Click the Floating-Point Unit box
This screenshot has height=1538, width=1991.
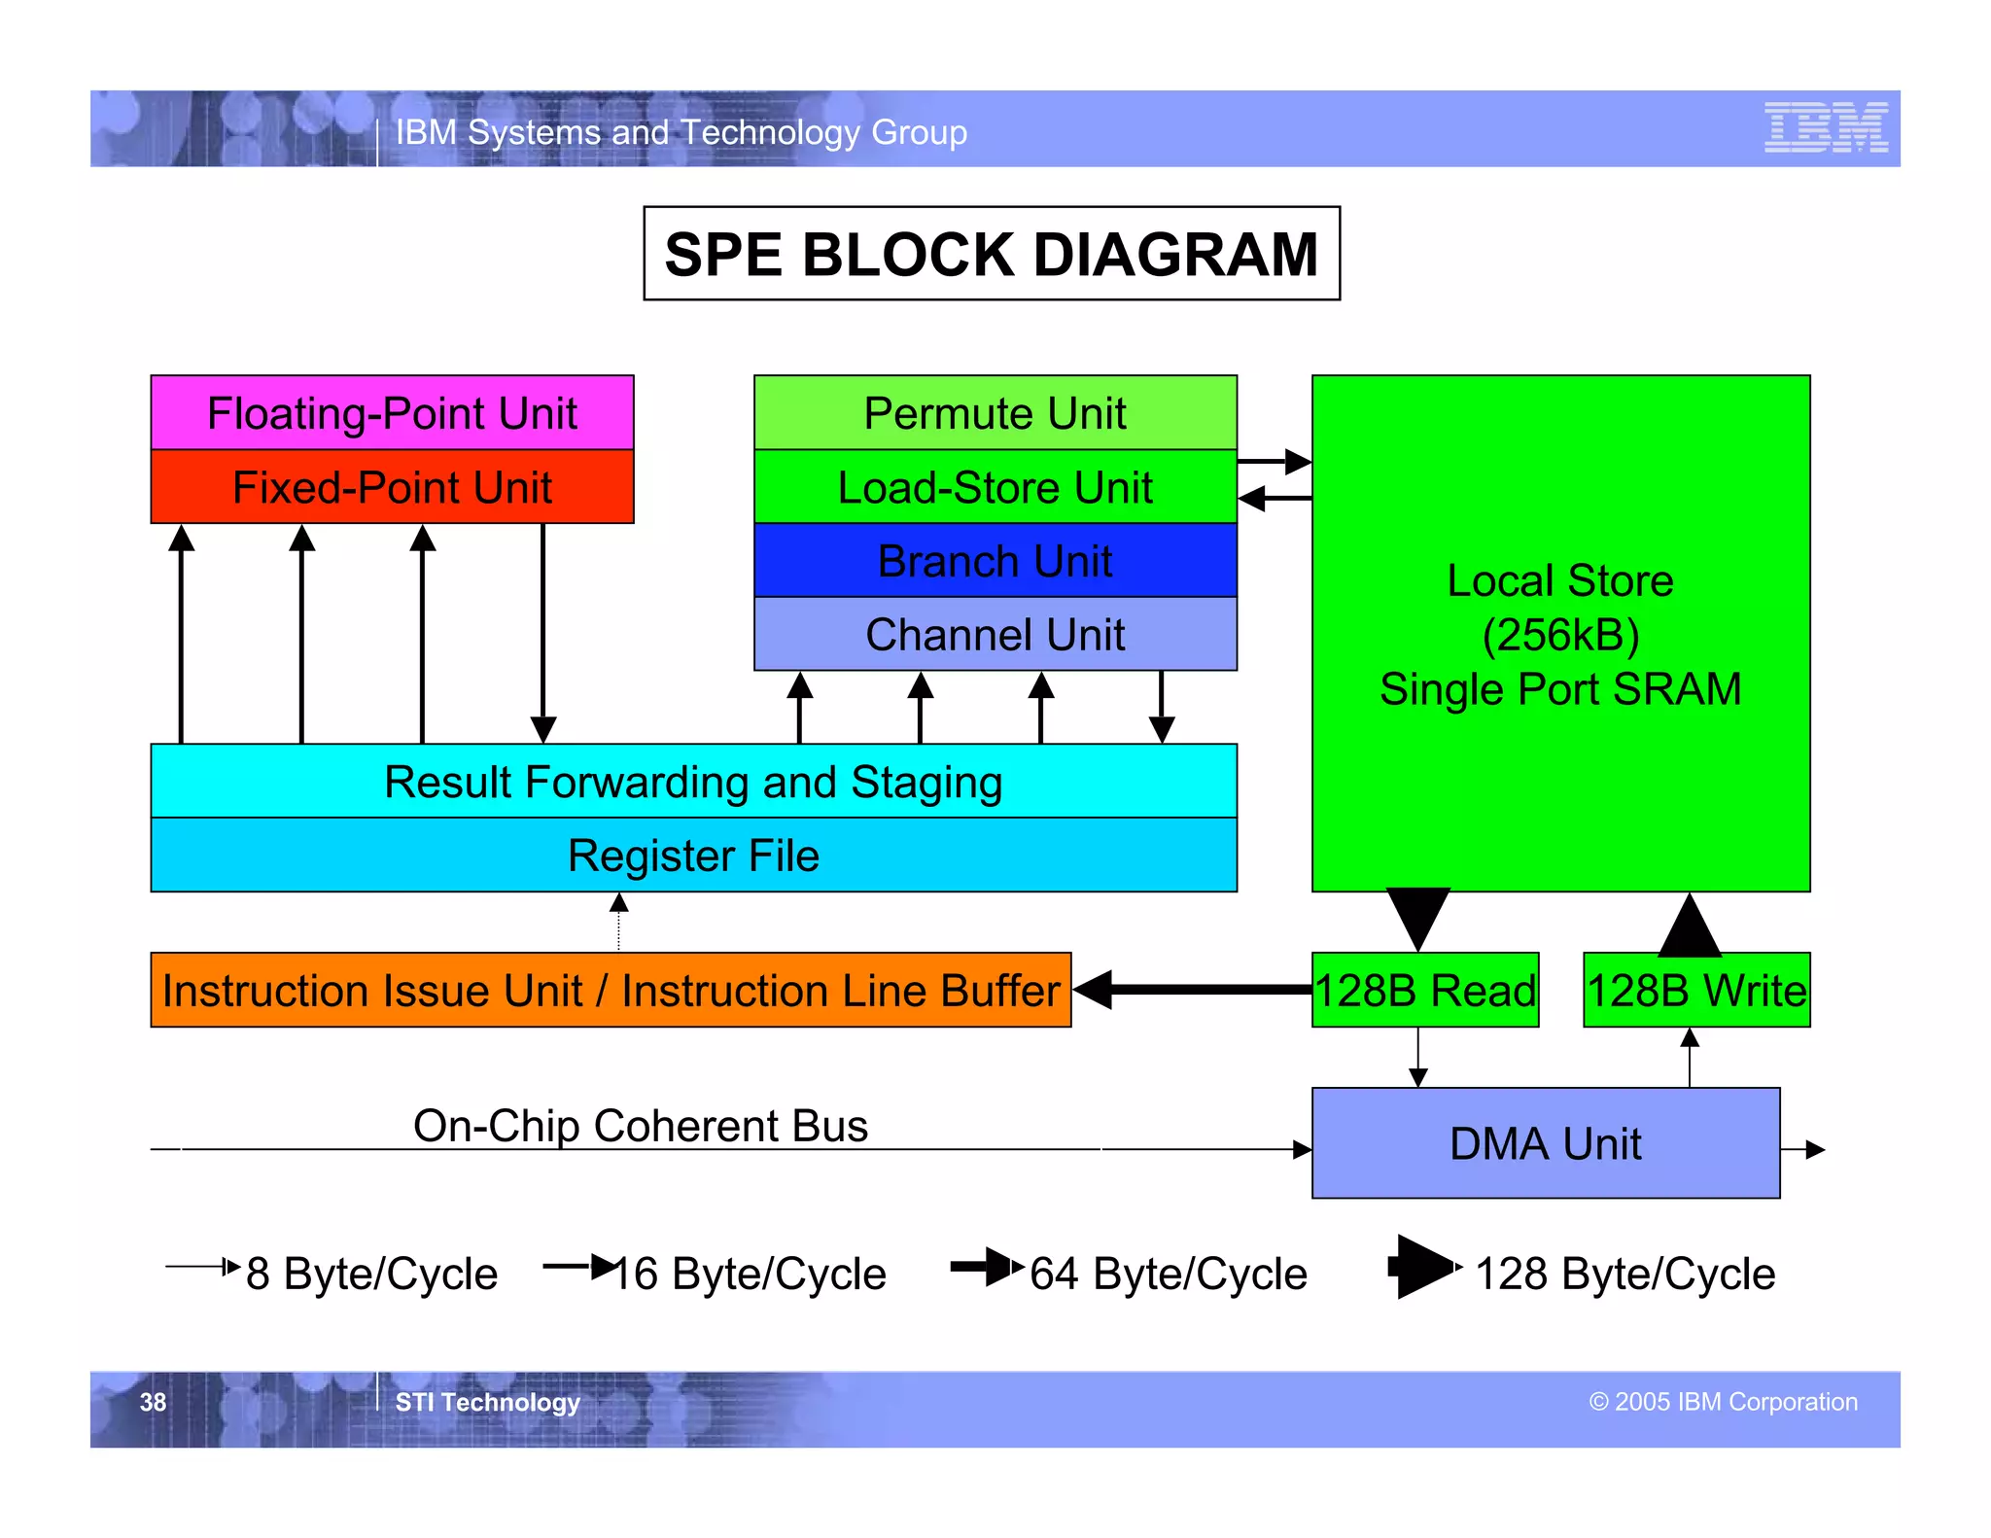[392, 412]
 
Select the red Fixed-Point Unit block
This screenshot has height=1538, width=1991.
[392, 487]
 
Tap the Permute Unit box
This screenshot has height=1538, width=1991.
[995, 412]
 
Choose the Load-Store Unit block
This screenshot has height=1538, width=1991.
[995, 487]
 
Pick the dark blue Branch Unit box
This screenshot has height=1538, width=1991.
[995, 561]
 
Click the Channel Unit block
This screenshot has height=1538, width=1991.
[995, 635]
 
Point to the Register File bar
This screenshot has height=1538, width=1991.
[693, 856]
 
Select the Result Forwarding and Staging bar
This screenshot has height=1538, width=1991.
[693, 782]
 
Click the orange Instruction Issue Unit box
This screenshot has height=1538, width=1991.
[611, 990]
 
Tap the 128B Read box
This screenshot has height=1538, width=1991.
[1424, 990]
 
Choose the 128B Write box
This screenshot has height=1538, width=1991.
[1695, 990]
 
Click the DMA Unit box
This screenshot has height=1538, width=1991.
[1545, 1143]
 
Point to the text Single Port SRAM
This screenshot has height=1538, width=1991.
[1560, 689]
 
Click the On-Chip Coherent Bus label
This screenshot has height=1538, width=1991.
[640, 1126]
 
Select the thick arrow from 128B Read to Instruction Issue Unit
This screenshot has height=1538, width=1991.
[1196, 990]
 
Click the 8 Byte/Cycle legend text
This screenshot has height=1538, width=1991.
[371, 1274]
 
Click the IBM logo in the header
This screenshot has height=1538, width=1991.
[1826, 127]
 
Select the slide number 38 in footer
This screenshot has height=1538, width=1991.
[153, 1402]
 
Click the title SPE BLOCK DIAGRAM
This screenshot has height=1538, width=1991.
[991, 254]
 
